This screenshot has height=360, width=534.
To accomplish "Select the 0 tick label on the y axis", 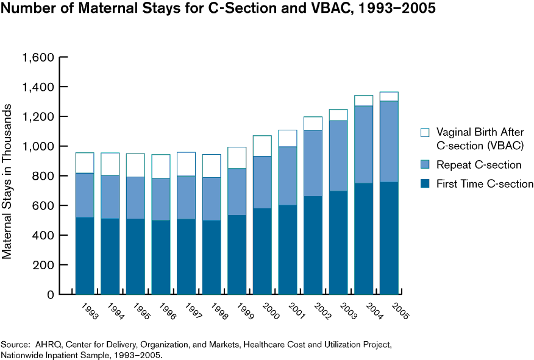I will (x=51, y=295).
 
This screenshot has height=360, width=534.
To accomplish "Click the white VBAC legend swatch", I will (x=425, y=132).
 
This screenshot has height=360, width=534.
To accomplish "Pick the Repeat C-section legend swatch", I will (x=425, y=165).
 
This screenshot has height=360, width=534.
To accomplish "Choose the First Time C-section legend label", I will (x=486, y=184).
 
